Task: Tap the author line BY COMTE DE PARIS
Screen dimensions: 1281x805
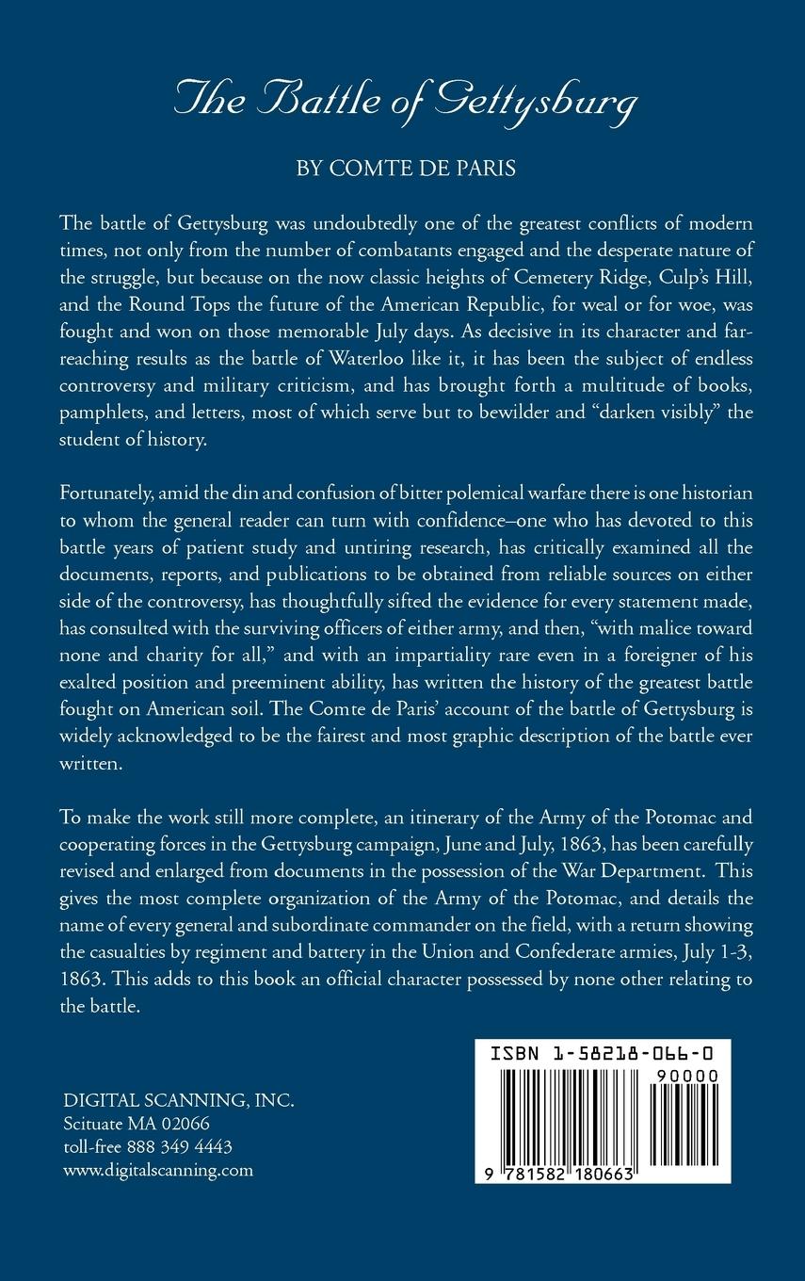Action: click(402, 171)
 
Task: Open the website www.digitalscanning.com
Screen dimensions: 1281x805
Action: click(158, 1171)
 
